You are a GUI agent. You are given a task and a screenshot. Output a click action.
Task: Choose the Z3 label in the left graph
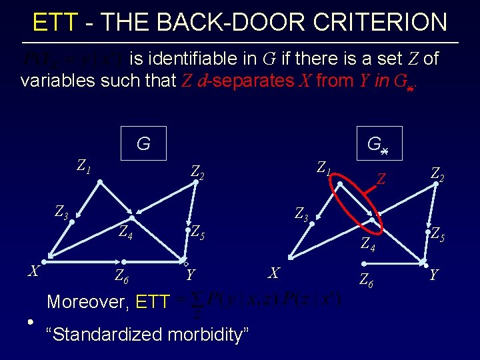61,213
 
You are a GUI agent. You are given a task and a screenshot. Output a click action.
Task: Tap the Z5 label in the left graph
198,232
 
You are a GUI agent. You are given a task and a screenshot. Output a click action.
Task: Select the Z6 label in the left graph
121,275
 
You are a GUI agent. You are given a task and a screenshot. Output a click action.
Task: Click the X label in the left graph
33,271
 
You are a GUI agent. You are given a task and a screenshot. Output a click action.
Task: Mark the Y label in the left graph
191,275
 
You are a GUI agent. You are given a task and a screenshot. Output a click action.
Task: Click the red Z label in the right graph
382,179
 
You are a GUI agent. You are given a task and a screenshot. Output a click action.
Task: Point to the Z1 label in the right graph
325,165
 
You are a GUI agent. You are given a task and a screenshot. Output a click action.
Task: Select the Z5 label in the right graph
438,234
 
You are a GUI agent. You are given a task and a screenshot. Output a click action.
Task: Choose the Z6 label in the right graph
366,279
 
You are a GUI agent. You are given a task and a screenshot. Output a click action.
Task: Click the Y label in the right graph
435,274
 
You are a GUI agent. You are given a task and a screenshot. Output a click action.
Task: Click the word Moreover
88,302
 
